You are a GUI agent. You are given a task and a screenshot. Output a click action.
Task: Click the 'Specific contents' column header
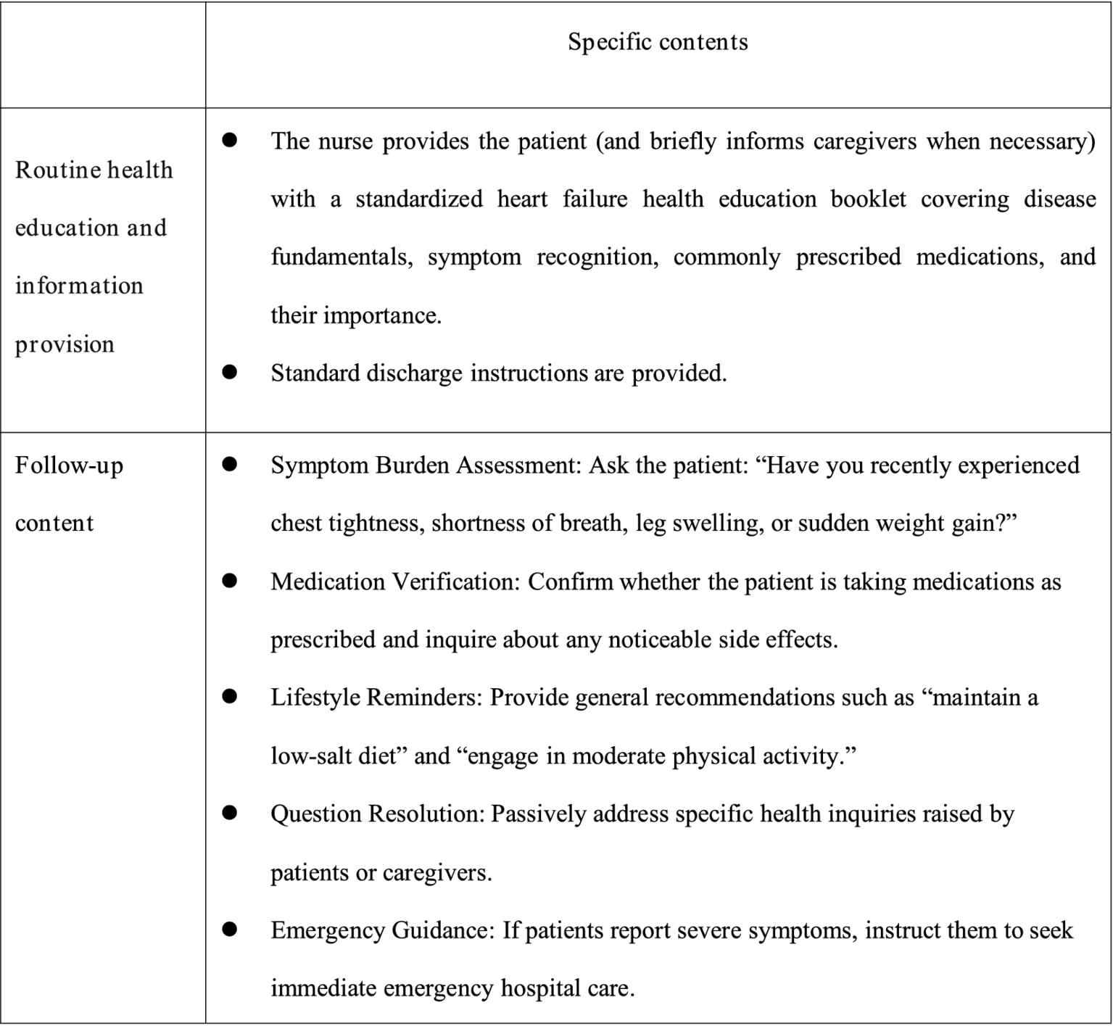658,42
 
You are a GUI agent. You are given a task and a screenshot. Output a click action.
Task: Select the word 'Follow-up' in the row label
69,466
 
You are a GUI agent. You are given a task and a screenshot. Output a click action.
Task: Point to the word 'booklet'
868,199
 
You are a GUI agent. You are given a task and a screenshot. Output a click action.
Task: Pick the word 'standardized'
418,199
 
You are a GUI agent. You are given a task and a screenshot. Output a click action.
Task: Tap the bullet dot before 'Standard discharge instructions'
230,373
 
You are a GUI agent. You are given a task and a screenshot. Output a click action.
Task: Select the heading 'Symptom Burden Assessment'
426,466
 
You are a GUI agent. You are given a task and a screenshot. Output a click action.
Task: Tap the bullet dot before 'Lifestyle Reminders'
230,697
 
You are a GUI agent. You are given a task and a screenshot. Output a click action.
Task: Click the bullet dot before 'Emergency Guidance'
230,930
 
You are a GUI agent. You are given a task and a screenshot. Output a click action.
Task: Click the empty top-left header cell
103,54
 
